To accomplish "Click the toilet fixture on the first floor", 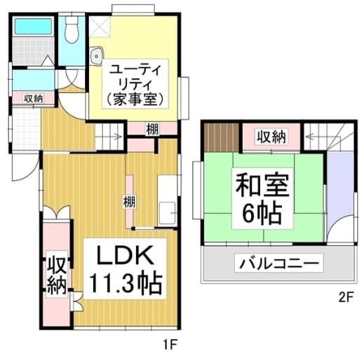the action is (x=72, y=29).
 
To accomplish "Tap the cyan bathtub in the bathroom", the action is (x=34, y=26).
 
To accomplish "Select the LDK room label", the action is (x=125, y=255).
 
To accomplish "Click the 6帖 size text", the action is (x=262, y=214).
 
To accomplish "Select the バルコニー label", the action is (x=279, y=263).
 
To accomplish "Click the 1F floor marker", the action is (x=170, y=345).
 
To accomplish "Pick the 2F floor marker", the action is (x=346, y=298).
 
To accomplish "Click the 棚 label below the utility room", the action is (x=152, y=129).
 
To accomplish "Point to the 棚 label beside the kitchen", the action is (x=129, y=202).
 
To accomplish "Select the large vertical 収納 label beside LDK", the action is (x=57, y=275).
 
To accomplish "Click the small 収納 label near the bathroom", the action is (x=34, y=98).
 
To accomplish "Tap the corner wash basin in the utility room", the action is (x=96, y=56).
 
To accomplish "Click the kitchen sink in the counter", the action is (x=167, y=213).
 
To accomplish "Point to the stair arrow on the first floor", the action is (x=110, y=137).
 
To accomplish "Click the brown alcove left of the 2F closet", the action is (x=222, y=137).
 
